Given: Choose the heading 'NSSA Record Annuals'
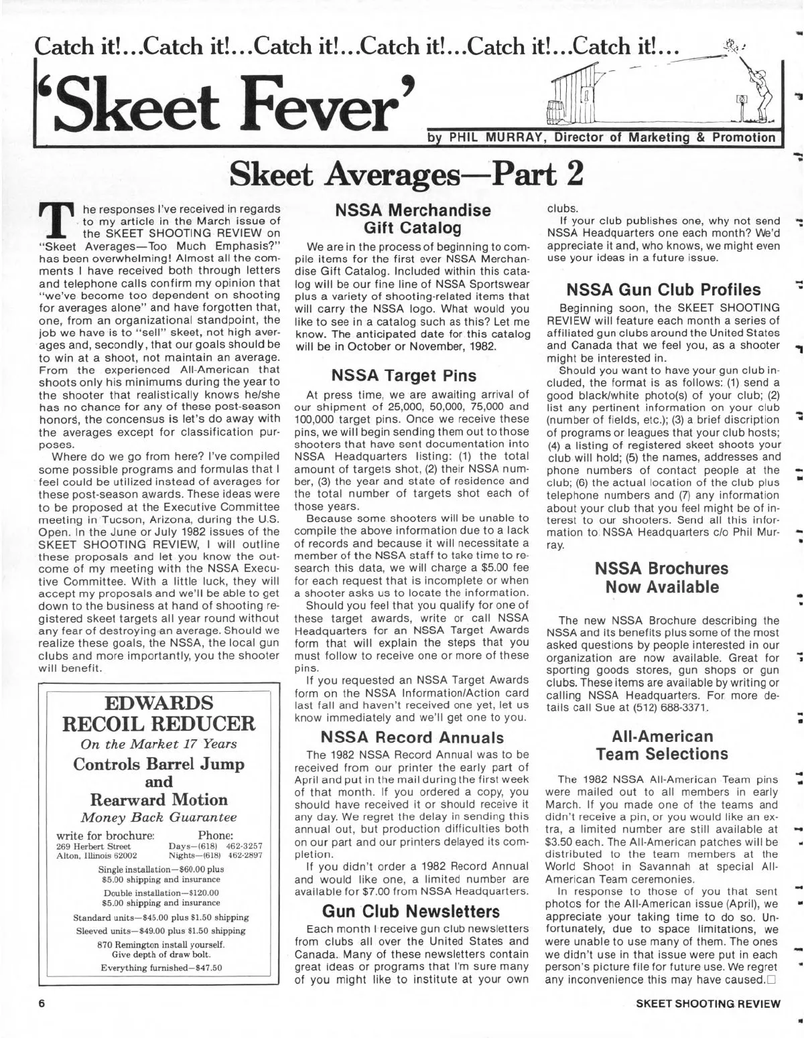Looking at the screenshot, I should [412, 738].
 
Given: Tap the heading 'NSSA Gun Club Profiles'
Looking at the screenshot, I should [664, 289].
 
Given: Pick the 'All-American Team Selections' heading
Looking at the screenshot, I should [663, 745].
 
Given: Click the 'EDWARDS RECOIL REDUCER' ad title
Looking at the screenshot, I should [159, 713].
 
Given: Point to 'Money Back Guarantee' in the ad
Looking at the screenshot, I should [159, 818].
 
